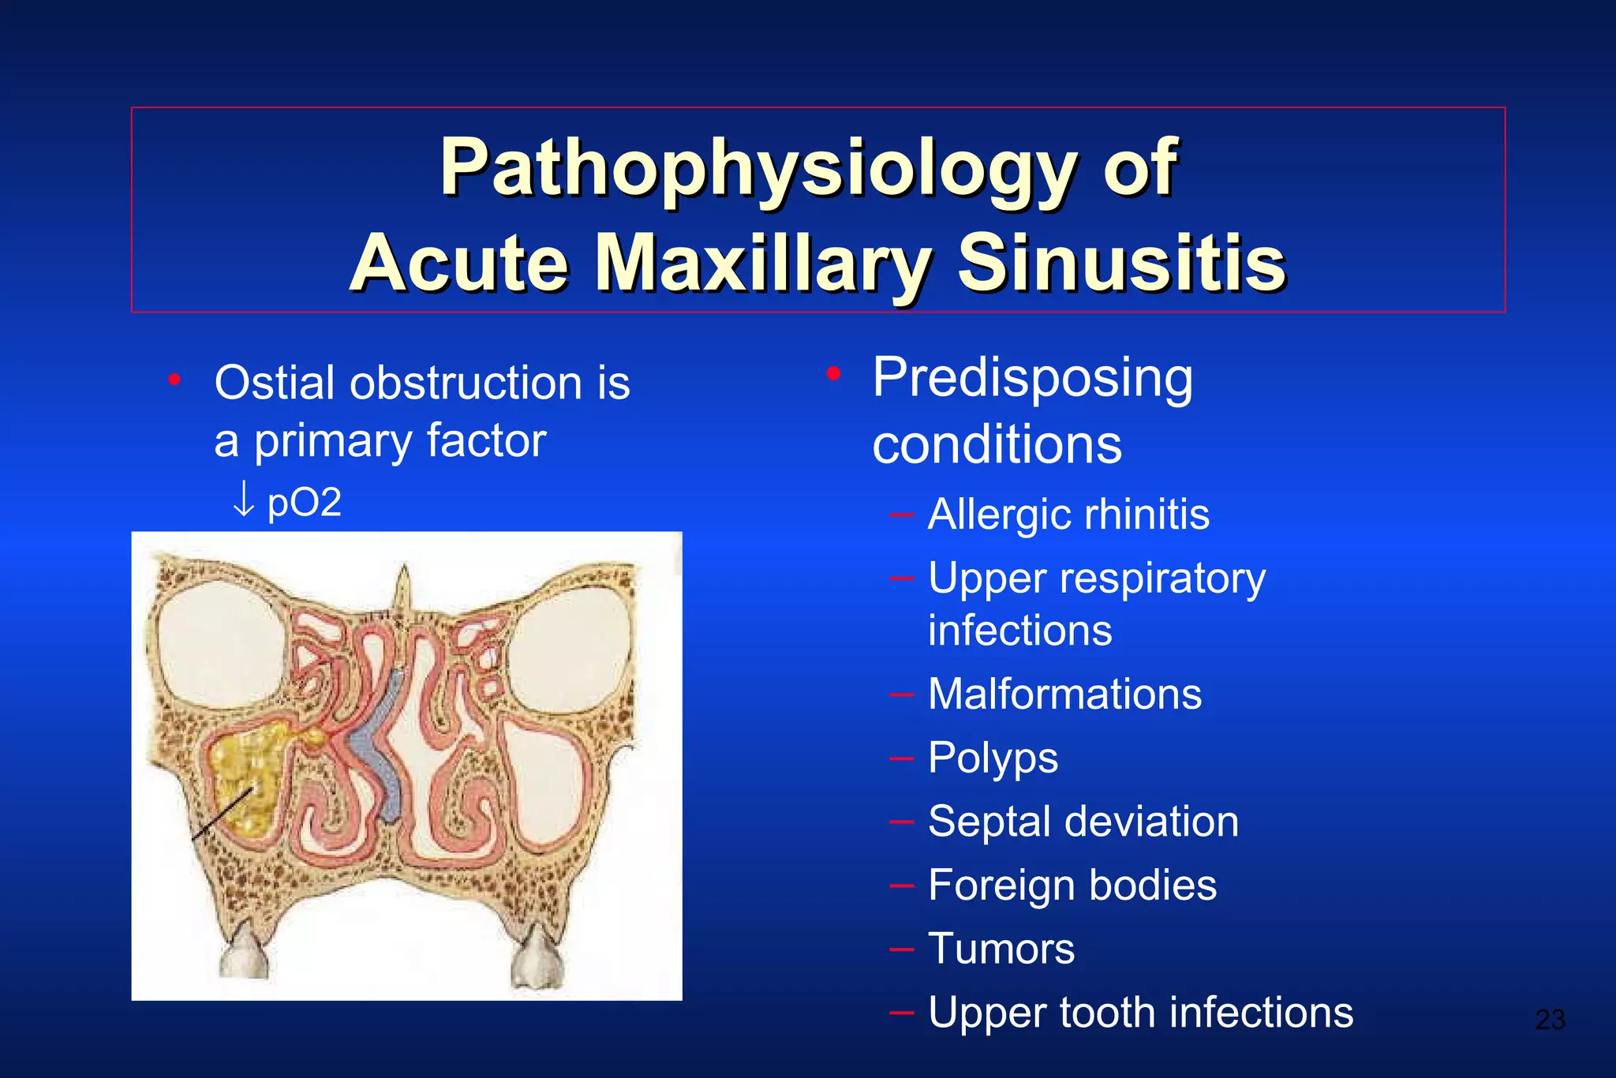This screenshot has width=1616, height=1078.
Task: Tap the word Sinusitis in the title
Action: click(x=1121, y=263)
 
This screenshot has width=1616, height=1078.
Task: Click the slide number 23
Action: click(x=1550, y=1020)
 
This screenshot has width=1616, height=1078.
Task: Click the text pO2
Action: click(x=305, y=503)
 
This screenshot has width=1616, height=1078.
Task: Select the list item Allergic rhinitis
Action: click(x=1068, y=515)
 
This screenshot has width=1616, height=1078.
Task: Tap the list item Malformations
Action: click(x=1064, y=694)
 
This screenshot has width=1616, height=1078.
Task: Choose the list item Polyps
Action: click(x=993, y=758)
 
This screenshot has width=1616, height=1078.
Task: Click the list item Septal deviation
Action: click(x=1083, y=822)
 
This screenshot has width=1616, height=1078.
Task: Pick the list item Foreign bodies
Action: click(x=1072, y=885)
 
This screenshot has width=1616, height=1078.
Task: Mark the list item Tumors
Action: click(x=1001, y=949)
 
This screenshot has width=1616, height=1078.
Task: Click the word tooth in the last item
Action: click(x=1108, y=1012)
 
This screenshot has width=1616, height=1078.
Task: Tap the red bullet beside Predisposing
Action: click(x=833, y=373)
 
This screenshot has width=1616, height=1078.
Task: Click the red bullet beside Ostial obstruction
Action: click(x=174, y=381)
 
